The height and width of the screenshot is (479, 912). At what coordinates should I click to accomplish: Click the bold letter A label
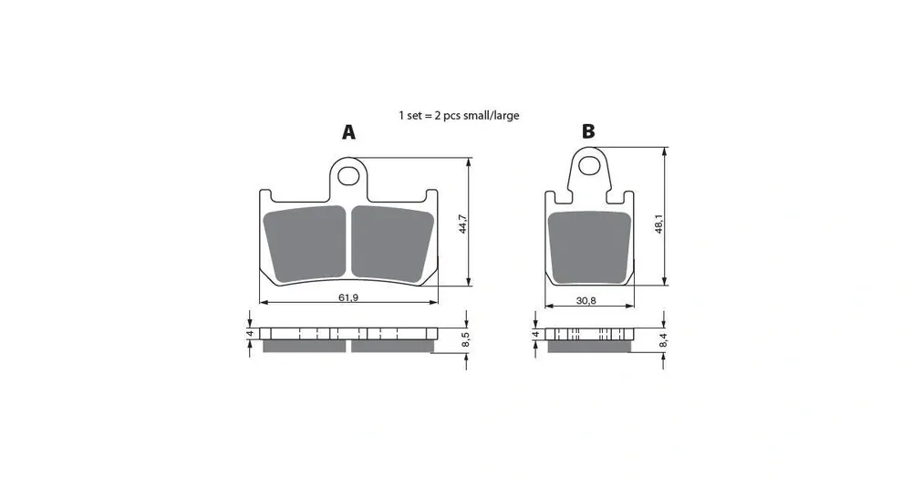[x=348, y=132]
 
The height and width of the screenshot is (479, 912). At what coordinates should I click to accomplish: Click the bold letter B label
[x=588, y=132]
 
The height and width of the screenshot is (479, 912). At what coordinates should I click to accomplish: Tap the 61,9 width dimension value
[x=348, y=297]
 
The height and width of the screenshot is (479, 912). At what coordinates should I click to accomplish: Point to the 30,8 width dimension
[x=586, y=300]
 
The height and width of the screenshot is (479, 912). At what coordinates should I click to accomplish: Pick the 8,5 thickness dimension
[x=465, y=340]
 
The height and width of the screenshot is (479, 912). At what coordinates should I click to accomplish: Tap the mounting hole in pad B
[x=590, y=166]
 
